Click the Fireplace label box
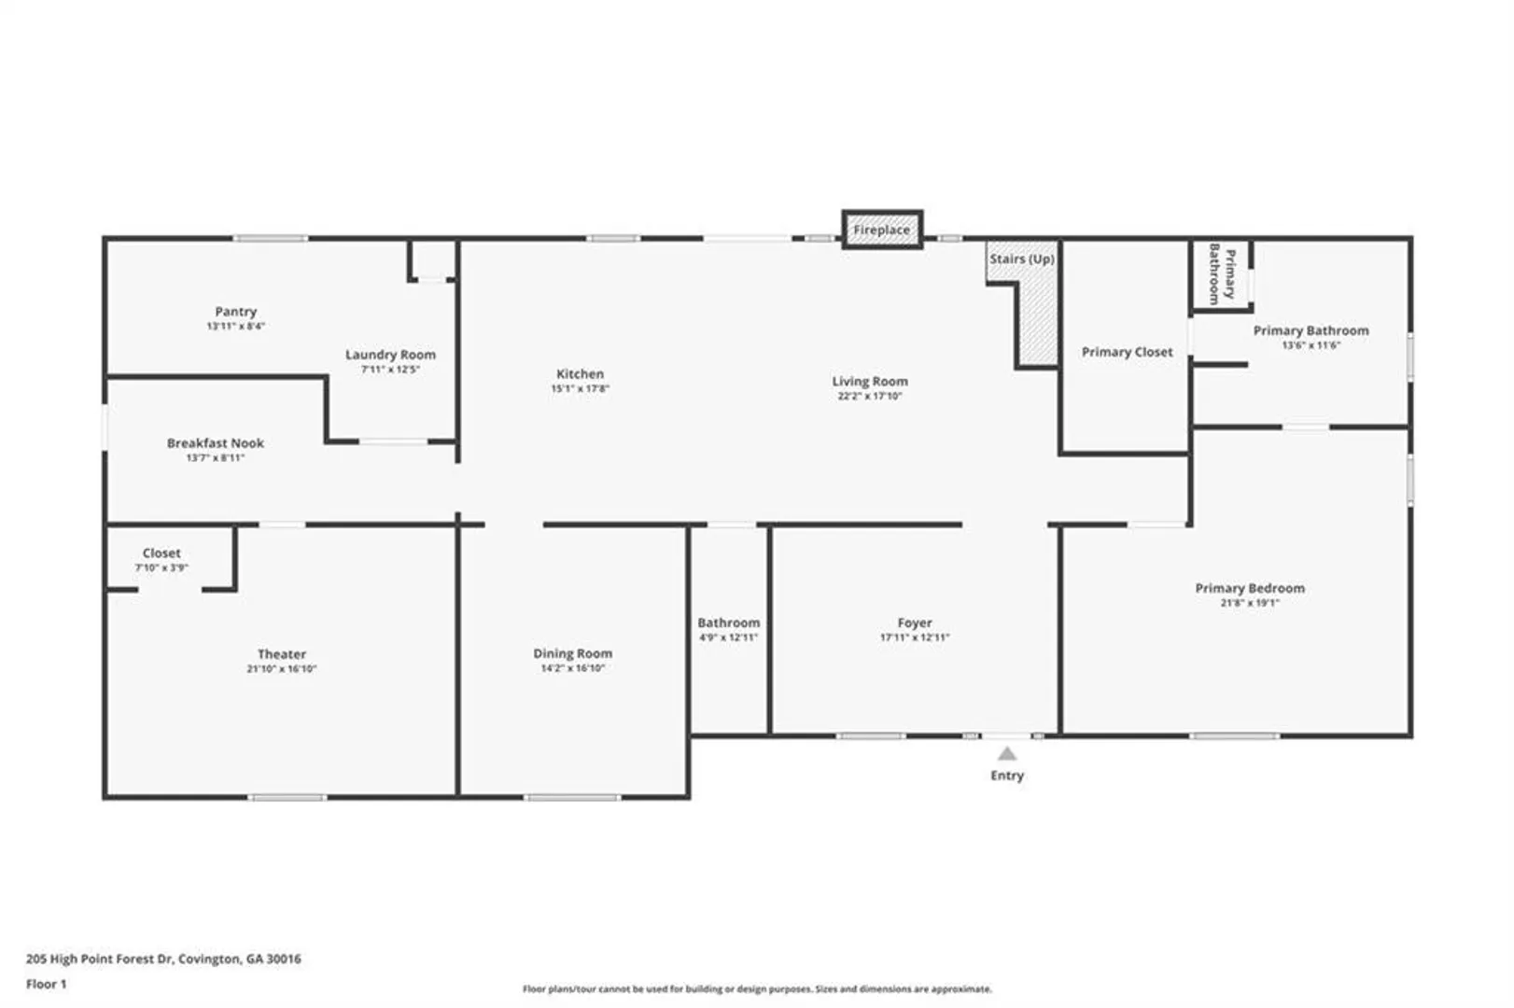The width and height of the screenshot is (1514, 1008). pyautogui.click(x=881, y=230)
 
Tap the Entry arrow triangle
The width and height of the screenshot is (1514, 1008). pyautogui.click(x=1006, y=753)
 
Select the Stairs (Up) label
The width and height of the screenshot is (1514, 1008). pyautogui.click(x=1022, y=259)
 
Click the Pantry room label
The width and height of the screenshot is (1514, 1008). pyautogui.click(x=236, y=312)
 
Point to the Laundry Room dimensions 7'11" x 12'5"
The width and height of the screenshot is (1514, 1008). pyautogui.click(x=391, y=370)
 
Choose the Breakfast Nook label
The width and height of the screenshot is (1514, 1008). pyautogui.click(x=216, y=442)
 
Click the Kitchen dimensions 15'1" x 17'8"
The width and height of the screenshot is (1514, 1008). pyautogui.click(x=580, y=388)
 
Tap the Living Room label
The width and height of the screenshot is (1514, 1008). pyautogui.click(x=870, y=382)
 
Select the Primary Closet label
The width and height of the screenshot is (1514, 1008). pyautogui.click(x=1127, y=352)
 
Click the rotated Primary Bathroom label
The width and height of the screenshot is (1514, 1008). pyautogui.click(x=1222, y=273)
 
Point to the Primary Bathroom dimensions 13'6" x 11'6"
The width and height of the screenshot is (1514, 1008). pyautogui.click(x=1311, y=345)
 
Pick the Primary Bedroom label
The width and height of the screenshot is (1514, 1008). pyautogui.click(x=1250, y=588)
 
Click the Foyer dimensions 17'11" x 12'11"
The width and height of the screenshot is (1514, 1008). pyautogui.click(x=915, y=637)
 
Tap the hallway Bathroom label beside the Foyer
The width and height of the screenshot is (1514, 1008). pyautogui.click(x=729, y=623)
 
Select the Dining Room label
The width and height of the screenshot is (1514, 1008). pyautogui.click(x=572, y=653)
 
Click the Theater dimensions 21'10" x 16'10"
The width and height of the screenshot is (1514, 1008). pyautogui.click(x=282, y=669)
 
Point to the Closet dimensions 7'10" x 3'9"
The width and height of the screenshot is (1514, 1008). pyautogui.click(x=161, y=567)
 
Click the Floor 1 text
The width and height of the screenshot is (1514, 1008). pyautogui.click(x=47, y=985)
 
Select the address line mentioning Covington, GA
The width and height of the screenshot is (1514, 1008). pyautogui.click(x=163, y=959)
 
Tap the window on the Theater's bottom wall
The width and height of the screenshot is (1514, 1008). pyautogui.click(x=287, y=798)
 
